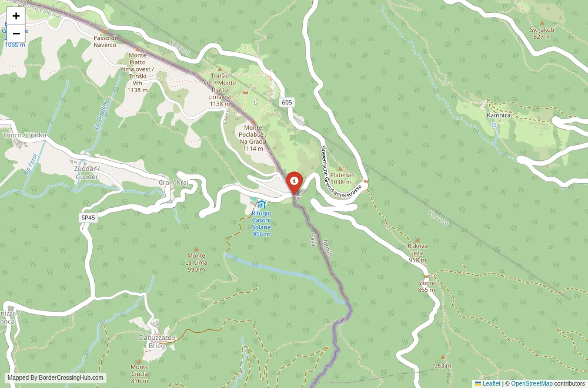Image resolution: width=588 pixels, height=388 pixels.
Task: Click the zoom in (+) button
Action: point(16,16)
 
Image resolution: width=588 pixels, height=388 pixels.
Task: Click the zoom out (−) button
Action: point(16,33)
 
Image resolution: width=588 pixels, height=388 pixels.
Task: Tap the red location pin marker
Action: point(294,182)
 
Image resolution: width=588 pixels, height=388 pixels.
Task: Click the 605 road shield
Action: point(286,103)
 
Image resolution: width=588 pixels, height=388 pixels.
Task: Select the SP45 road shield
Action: point(88,217)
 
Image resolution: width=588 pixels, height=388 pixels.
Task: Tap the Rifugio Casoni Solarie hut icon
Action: point(262,204)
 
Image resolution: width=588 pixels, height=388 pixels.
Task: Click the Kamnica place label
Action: point(499,116)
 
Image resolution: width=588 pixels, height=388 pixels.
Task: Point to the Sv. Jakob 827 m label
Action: point(542,32)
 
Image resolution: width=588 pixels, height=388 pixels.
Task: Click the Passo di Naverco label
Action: point(105,41)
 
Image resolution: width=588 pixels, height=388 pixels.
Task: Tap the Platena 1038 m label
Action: point(340,178)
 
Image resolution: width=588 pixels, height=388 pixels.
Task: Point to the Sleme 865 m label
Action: point(427,286)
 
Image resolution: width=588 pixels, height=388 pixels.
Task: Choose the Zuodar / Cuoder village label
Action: point(86,173)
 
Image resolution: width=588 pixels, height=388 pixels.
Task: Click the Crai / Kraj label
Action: point(173,183)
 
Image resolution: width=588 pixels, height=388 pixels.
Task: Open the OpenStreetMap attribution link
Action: point(532,384)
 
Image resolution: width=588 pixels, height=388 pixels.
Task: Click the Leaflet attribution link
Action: point(487,384)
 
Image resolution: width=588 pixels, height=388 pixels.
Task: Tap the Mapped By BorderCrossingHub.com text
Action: point(56,378)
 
